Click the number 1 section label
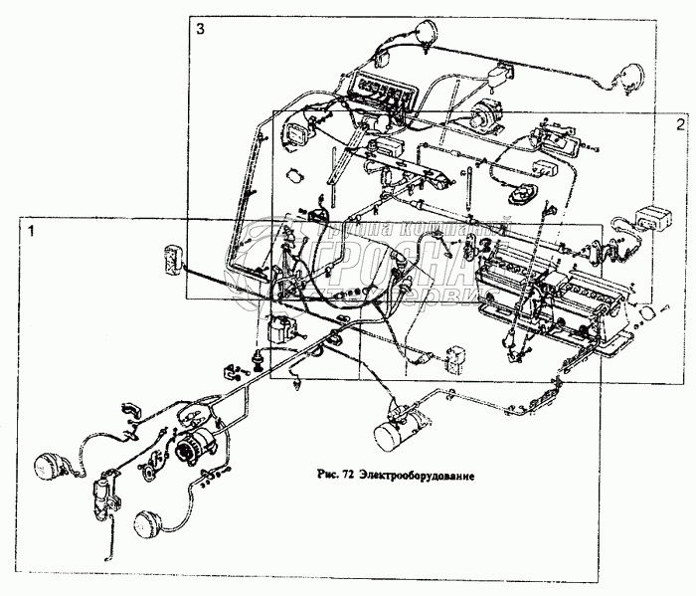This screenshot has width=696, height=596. [x=33, y=231]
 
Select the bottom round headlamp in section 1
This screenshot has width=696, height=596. [x=150, y=524]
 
